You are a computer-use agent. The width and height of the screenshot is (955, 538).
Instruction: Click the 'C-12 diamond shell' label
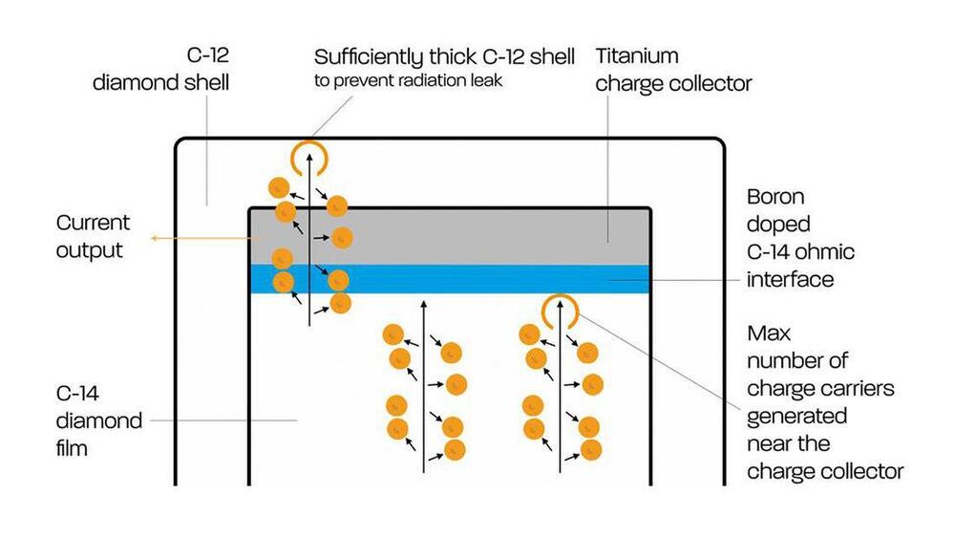click(x=160, y=69)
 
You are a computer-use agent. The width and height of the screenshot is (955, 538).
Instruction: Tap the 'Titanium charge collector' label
click(x=673, y=69)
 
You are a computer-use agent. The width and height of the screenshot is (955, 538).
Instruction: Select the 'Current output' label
click(x=93, y=236)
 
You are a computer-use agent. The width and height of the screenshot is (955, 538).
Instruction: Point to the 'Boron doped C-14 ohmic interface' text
click(x=800, y=238)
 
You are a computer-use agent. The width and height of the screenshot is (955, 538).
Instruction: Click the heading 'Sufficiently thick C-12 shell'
click(x=444, y=56)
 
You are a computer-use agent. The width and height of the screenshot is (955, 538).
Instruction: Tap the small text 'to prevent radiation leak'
click(x=408, y=81)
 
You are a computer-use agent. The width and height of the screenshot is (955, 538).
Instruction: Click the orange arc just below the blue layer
click(x=559, y=309)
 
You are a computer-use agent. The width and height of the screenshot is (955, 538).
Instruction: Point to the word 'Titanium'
click(x=637, y=56)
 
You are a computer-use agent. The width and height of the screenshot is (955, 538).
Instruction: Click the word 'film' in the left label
click(x=72, y=446)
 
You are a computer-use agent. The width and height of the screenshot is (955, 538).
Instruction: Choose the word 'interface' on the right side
click(x=790, y=279)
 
